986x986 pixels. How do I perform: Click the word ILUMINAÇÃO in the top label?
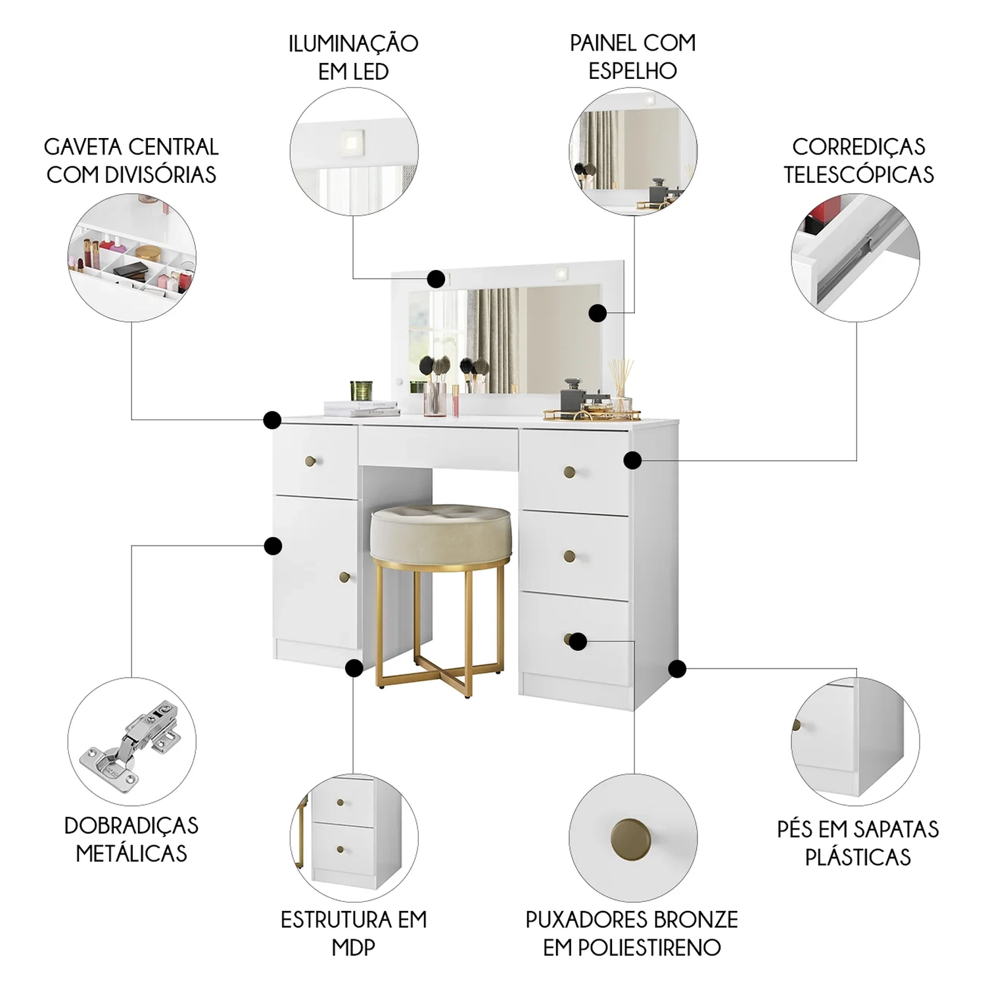[354, 43]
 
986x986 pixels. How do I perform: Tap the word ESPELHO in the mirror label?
[632, 71]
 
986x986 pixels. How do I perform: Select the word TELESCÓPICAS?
[858, 175]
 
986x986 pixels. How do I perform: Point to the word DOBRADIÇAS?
[131, 826]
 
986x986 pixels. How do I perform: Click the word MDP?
[354, 947]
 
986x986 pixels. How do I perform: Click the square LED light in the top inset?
[352, 140]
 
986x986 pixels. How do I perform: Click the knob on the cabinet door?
[344, 577]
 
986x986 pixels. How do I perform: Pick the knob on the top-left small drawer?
[310, 461]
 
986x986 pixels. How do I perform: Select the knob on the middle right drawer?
[570, 557]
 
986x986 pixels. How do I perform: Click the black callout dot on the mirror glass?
[598, 313]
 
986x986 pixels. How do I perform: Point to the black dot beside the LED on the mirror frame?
[436, 279]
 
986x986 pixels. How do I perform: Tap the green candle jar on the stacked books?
[361, 390]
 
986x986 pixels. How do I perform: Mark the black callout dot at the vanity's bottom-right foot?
[678, 669]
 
